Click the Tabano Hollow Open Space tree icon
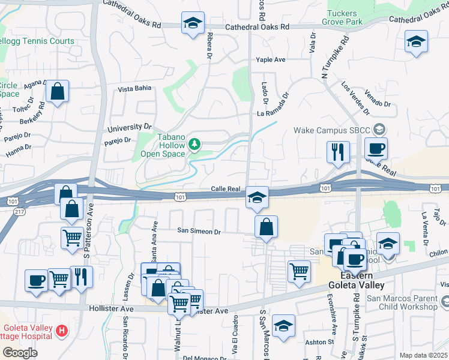click(194, 144)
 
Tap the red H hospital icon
click(62, 331)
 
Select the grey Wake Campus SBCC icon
click(379, 129)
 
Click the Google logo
click(20, 353)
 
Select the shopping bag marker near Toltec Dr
click(58, 92)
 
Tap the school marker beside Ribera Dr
click(193, 24)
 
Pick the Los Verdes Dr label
click(355, 98)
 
